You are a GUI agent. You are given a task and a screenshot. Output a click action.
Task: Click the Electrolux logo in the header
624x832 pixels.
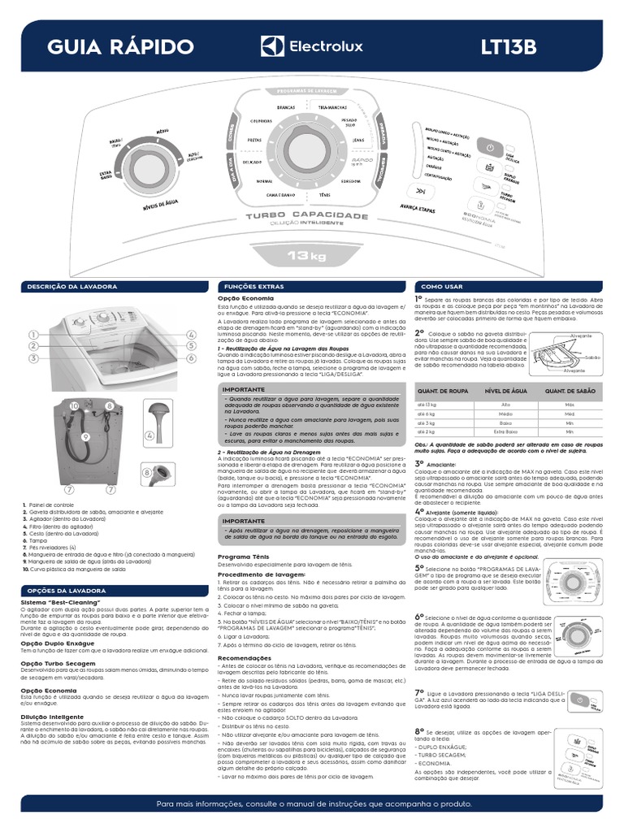pos(312,46)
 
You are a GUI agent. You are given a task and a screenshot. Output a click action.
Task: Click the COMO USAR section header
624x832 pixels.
pos(442,287)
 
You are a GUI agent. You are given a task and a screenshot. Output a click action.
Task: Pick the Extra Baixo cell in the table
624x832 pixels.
pos(506,431)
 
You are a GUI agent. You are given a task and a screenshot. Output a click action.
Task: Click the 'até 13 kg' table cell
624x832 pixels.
pos(427,404)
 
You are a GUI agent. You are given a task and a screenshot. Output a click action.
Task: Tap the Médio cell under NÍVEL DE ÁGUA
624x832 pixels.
pos(506,413)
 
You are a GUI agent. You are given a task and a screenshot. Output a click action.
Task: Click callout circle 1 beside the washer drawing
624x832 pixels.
pos(34,335)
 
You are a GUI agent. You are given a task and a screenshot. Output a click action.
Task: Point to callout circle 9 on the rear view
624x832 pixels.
pos(85,436)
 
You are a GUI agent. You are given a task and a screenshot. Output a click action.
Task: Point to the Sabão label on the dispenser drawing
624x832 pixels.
pos(591,357)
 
